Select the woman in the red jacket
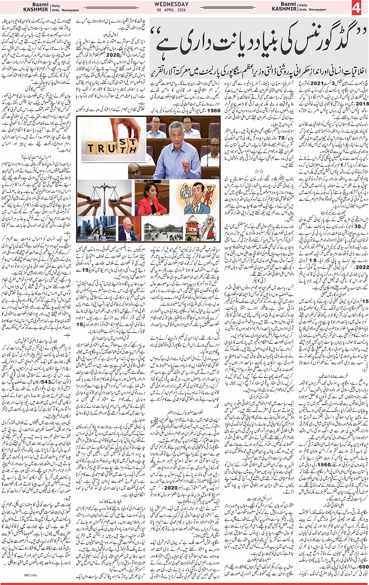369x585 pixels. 151,200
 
